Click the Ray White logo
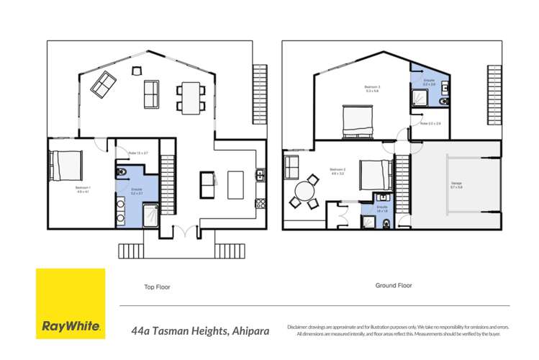pyautogui.click(x=71, y=303)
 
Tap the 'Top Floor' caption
pyautogui.click(x=157, y=286)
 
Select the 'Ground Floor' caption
pyautogui.click(x=394, y=285)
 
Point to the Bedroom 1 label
pyautogui.click(x=81, y=190)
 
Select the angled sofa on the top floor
pyautogui.click(x=103, y=86)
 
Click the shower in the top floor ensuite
pyautogui.click(x=151, y=214)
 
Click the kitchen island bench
pyautogui.click(x=236, y=184)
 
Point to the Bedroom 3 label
pyautogui.click(x=373, y=89)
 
